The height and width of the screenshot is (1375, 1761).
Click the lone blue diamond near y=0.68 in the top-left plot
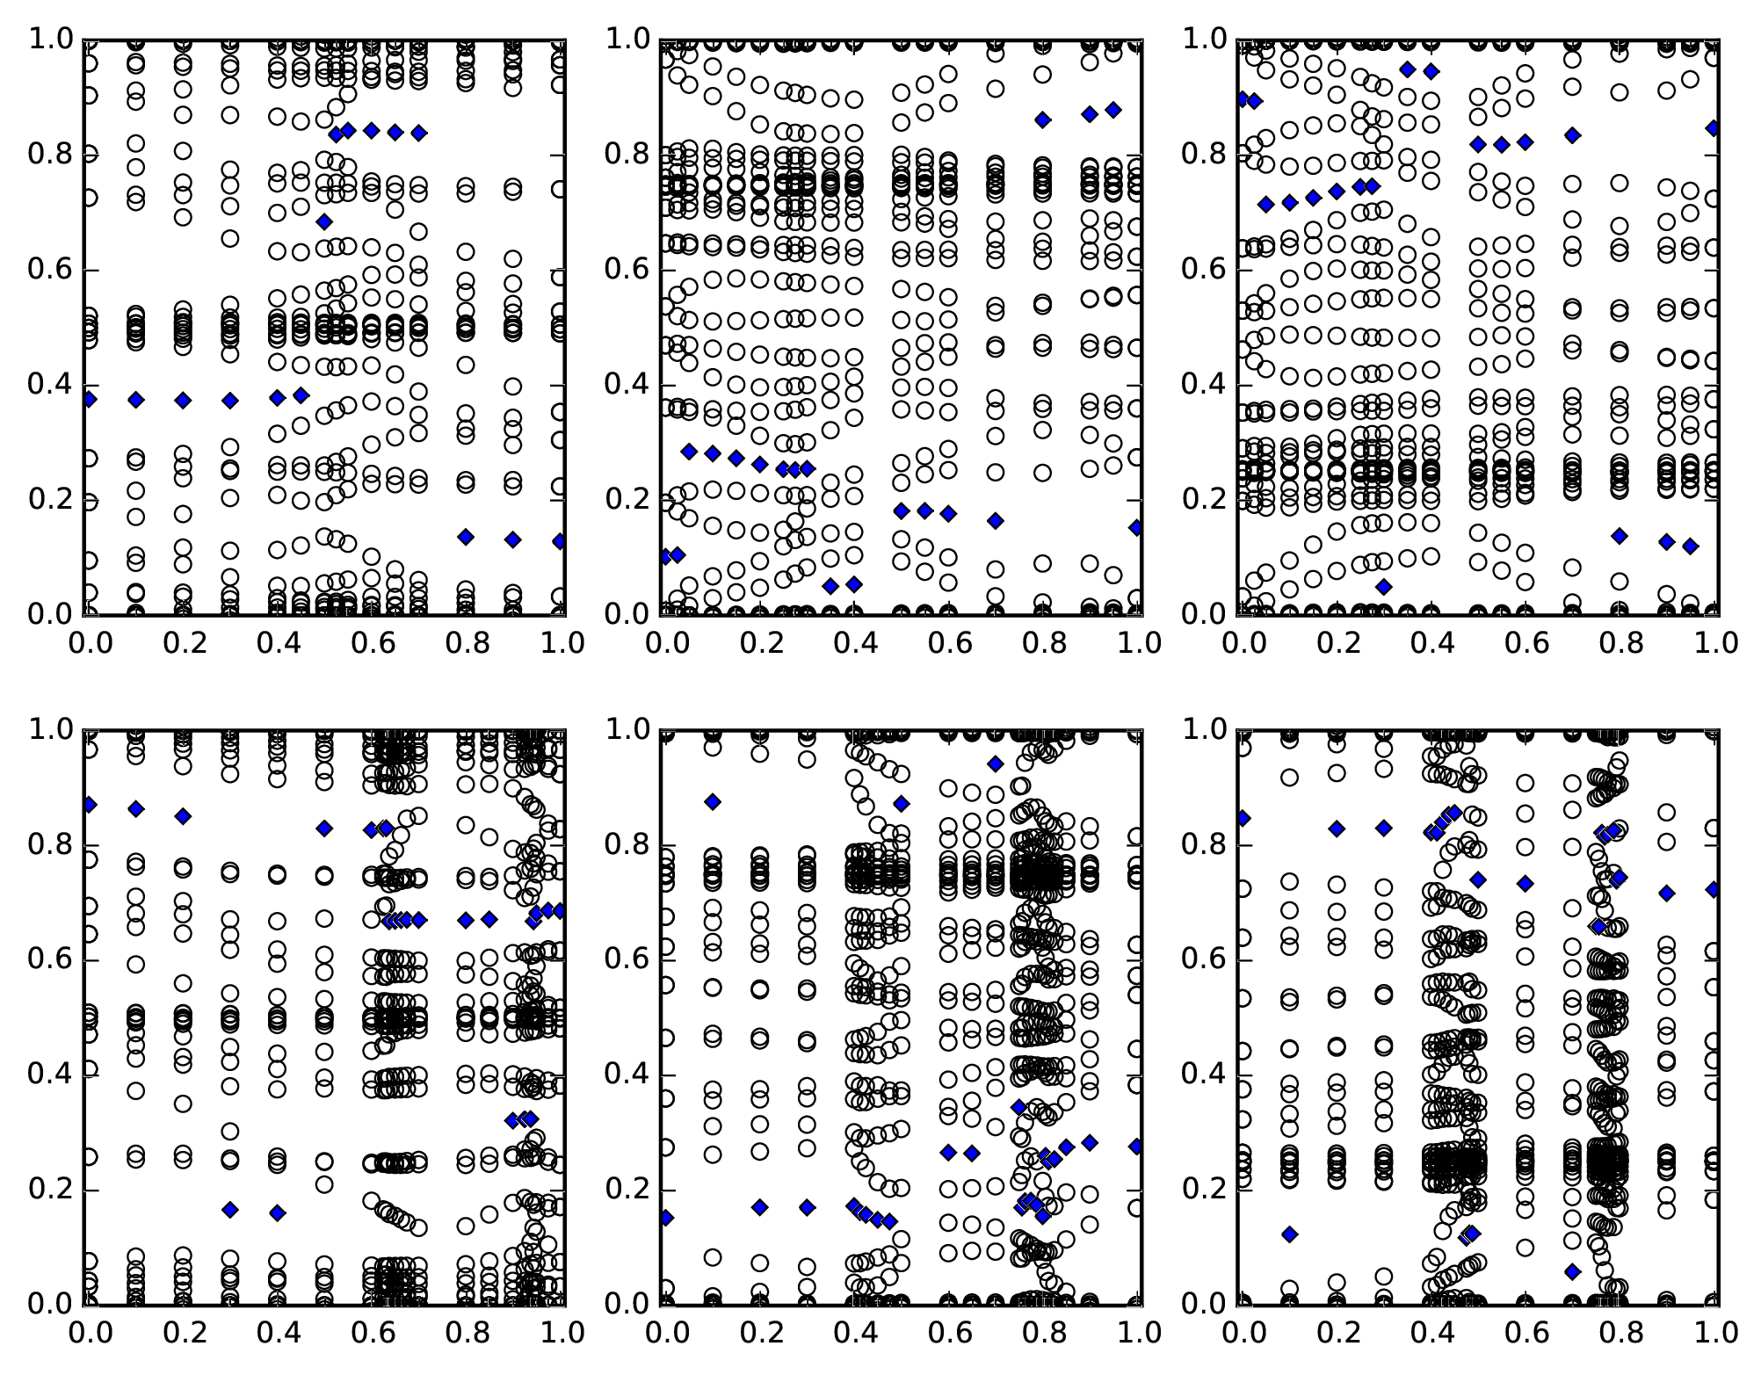click(324, 221)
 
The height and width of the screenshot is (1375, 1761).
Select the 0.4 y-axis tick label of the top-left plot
click(53, 385)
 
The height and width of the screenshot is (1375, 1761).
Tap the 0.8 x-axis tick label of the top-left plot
click(466, 643)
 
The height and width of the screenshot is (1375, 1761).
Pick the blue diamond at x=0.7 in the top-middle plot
click(995, 521)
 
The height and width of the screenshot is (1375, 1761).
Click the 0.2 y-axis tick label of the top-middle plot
click(628, 499)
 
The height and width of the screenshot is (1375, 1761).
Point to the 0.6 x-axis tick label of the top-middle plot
click(947, 643)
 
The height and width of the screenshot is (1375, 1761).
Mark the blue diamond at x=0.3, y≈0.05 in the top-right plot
click(1384, 586)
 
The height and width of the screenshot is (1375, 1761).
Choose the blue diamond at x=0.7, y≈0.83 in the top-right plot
click(1572, 135)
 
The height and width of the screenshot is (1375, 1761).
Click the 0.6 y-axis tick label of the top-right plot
click(1205, 270)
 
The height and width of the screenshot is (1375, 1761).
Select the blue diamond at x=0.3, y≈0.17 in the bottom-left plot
click(230, 1210)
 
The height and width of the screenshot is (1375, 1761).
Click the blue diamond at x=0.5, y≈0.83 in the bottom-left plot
click(324, 828)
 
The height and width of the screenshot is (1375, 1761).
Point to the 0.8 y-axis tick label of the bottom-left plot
click(53, 845)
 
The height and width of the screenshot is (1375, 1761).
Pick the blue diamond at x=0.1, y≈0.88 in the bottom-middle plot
click(713, 801)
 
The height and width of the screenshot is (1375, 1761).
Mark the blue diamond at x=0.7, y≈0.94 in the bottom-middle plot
click(995, 763)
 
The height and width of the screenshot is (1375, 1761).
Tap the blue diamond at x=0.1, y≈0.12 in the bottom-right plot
click(1289, 1234)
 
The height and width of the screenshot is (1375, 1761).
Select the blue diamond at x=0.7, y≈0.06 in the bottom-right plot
click(1572, 1270)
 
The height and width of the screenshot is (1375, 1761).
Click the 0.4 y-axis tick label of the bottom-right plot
click(1205, 1075)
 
